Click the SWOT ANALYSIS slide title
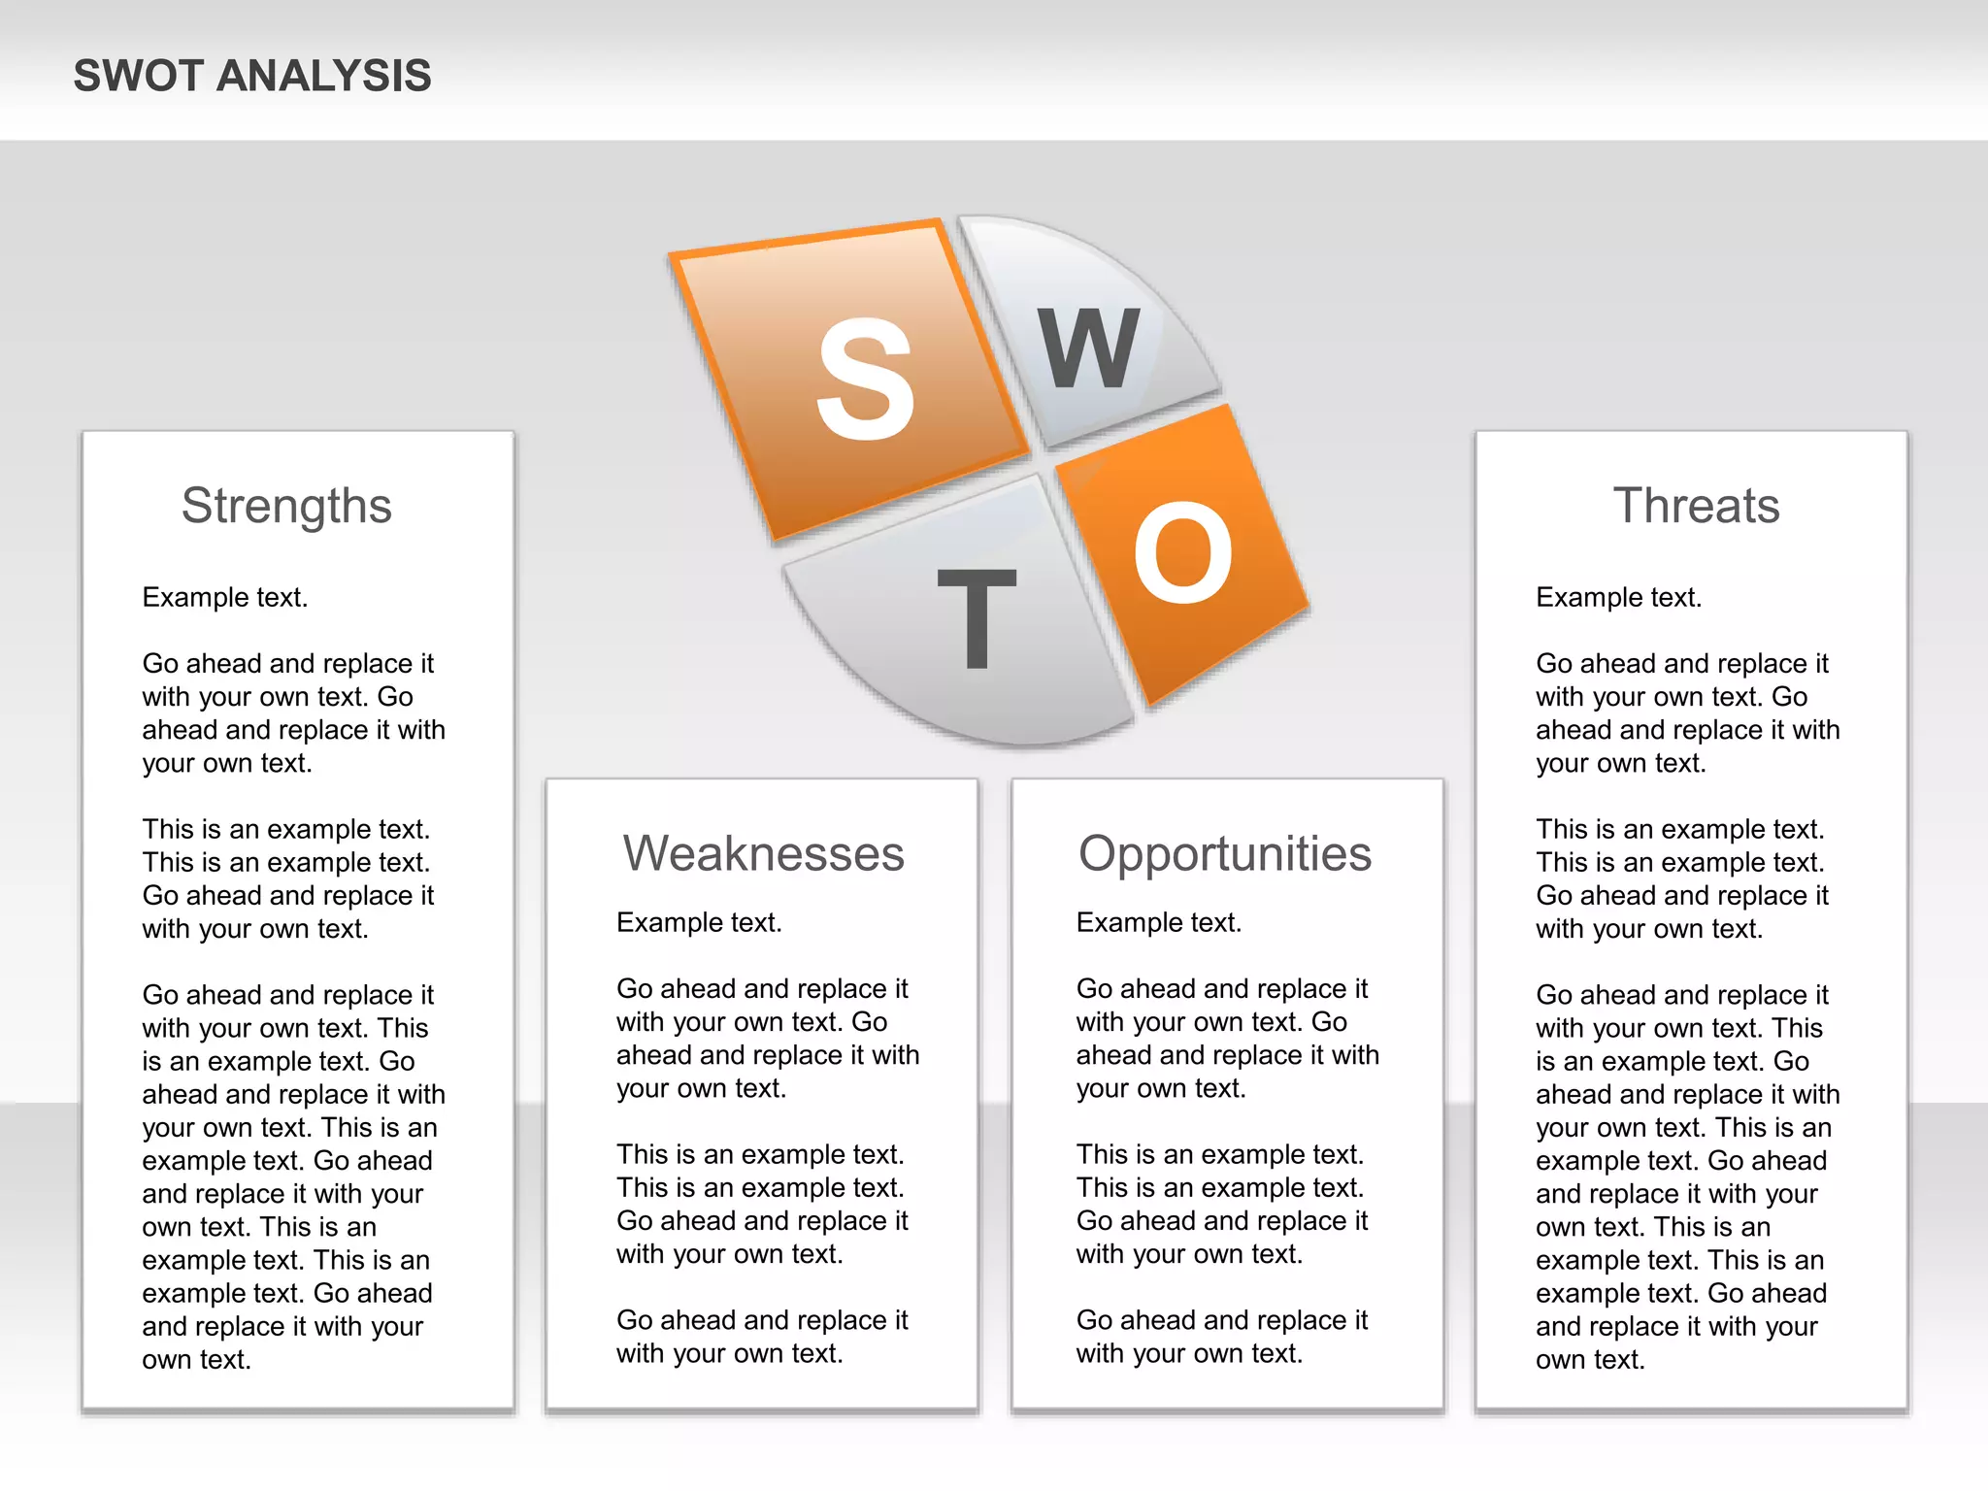[252, 76]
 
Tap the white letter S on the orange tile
[865, 380]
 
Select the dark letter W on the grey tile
[1088, 348]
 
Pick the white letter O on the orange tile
[1182, 552]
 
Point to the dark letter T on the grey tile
[977, 618]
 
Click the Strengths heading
[286, 506]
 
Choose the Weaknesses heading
[763, 853]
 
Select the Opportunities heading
[1225, 853]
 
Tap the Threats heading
[1696, 506]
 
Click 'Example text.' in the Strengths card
[225, 597]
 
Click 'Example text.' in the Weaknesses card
[699, 922]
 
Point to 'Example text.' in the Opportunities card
[1159, 922]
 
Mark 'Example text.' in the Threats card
[1619, 597]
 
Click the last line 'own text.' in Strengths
[197, 1359]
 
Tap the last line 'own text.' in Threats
[1590, 1359]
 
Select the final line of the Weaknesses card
[729, 1353]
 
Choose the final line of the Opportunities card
[1189, 1353]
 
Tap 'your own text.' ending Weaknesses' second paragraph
[701, 1088]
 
